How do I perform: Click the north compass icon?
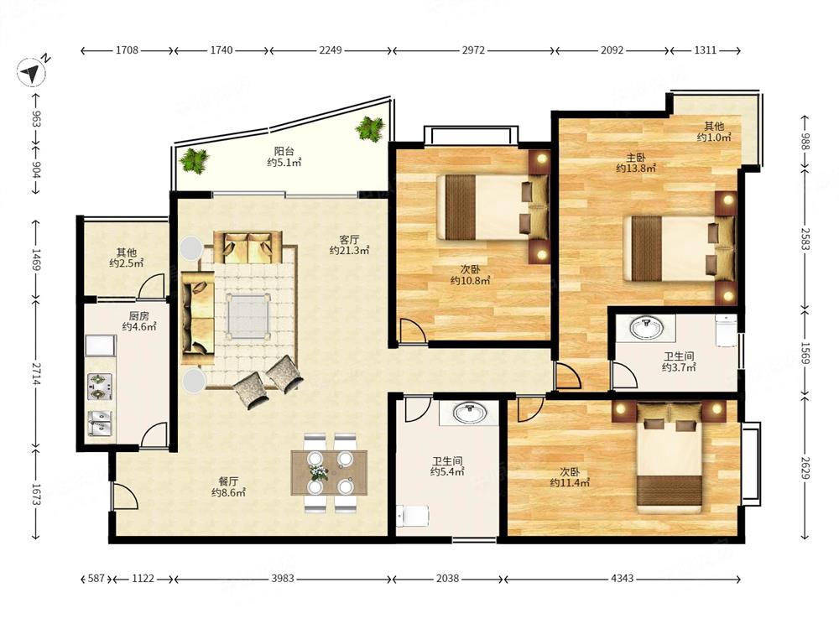click(32, 70)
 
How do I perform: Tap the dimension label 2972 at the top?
click(473, 50)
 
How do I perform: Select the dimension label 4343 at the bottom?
click(623, 578)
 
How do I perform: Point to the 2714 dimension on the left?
click(35, 374)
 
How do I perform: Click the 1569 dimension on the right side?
click(805, 353)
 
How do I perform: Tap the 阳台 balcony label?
click(284, 151)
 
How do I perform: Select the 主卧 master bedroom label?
click(636, 158)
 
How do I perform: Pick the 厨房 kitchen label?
click(138, 315)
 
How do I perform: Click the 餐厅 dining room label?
click(228, 481)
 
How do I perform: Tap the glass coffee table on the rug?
click(248, 315)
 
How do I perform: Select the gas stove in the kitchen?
click(100, 386)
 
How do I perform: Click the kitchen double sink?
click(100, 423)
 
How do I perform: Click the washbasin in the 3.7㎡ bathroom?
click(646, 327)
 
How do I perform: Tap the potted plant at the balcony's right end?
click(370, 128)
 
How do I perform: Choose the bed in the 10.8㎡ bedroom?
click(492, 207)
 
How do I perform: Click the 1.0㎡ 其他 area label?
click(714, 132)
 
